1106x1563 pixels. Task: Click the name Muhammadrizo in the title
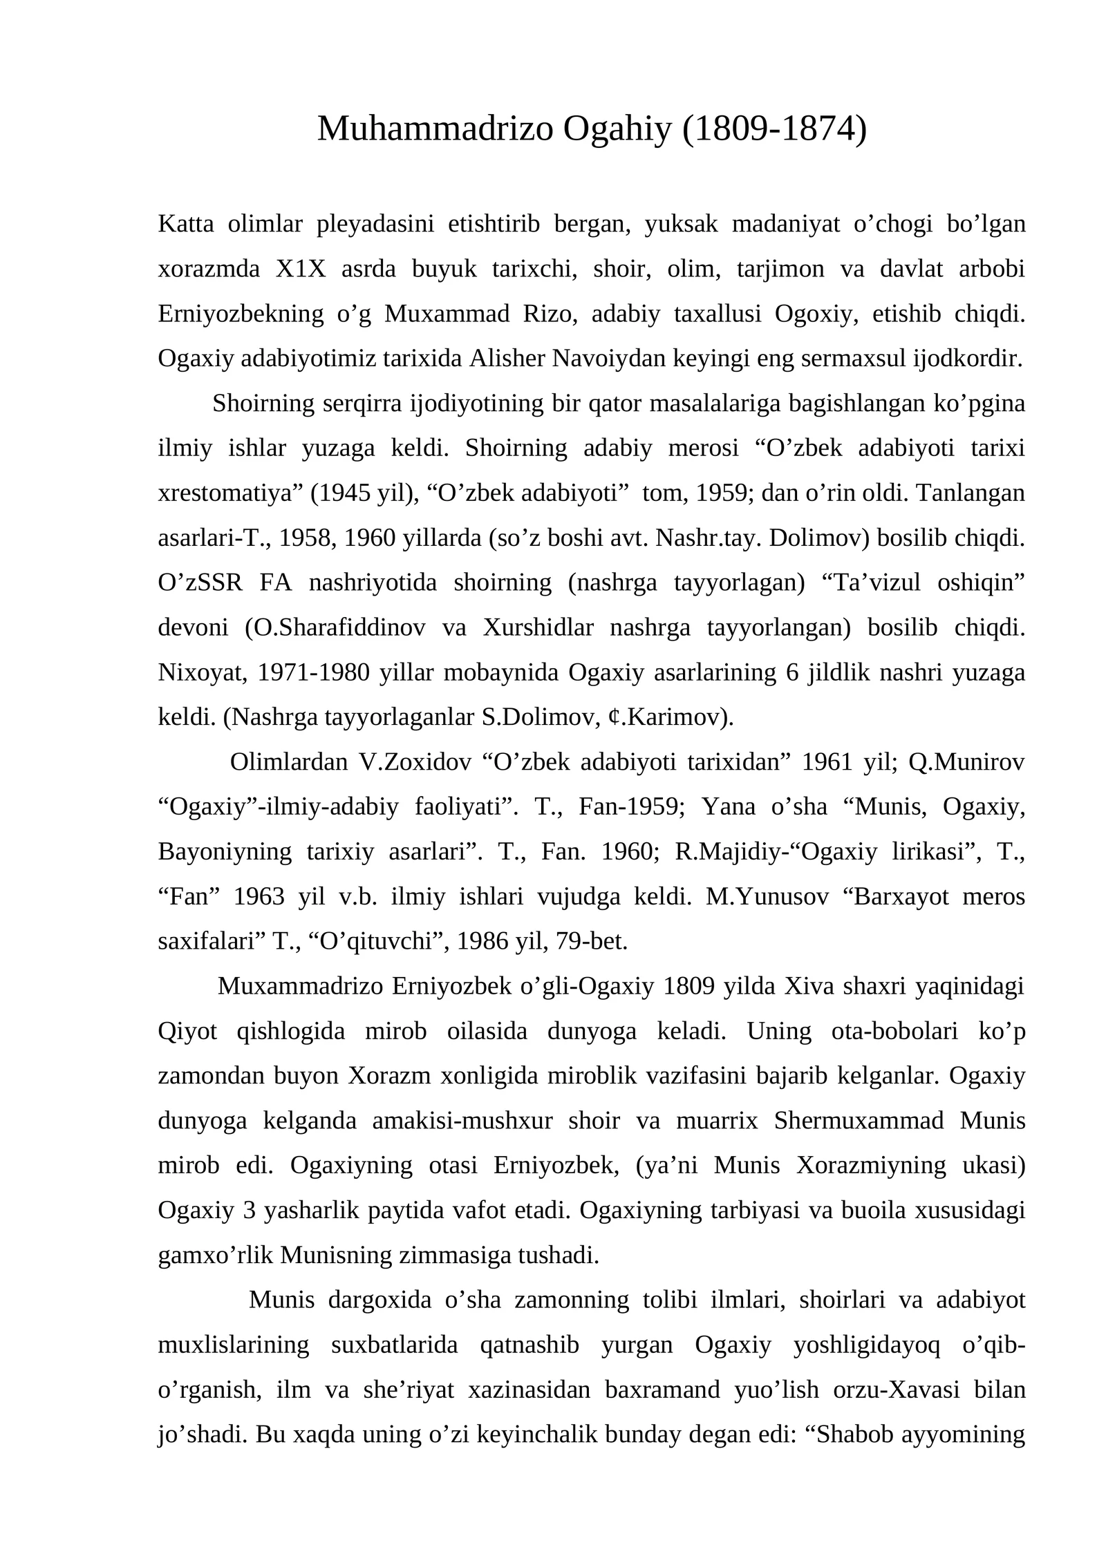(x=435, y=129)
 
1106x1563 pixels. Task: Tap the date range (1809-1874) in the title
(x=774, y=129)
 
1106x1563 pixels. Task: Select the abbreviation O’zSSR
(x=200, y=582)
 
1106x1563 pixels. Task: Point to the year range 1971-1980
(x=313, y=672)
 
